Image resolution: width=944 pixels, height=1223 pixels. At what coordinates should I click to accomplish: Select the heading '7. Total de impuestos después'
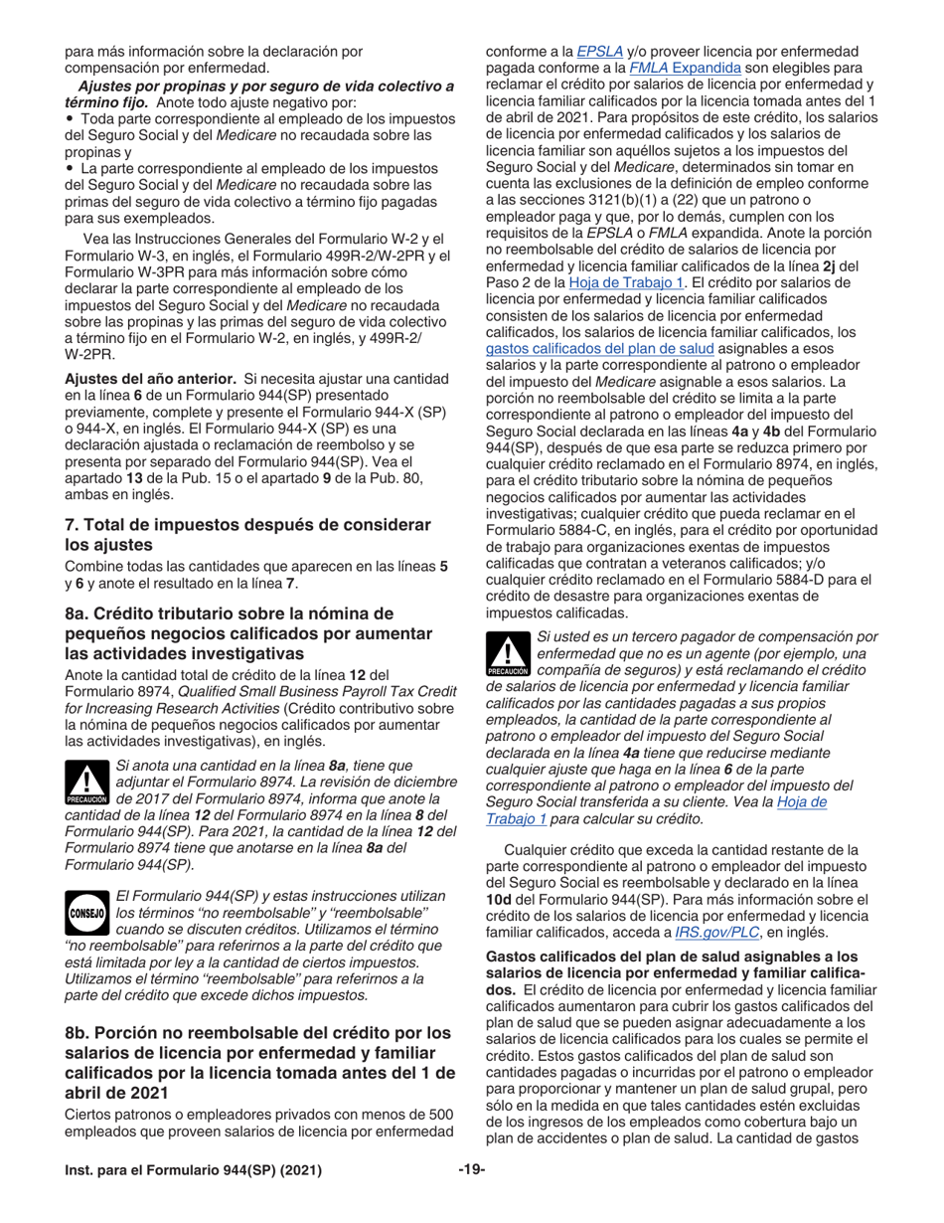pyautogui.click(x=247, y=524)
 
